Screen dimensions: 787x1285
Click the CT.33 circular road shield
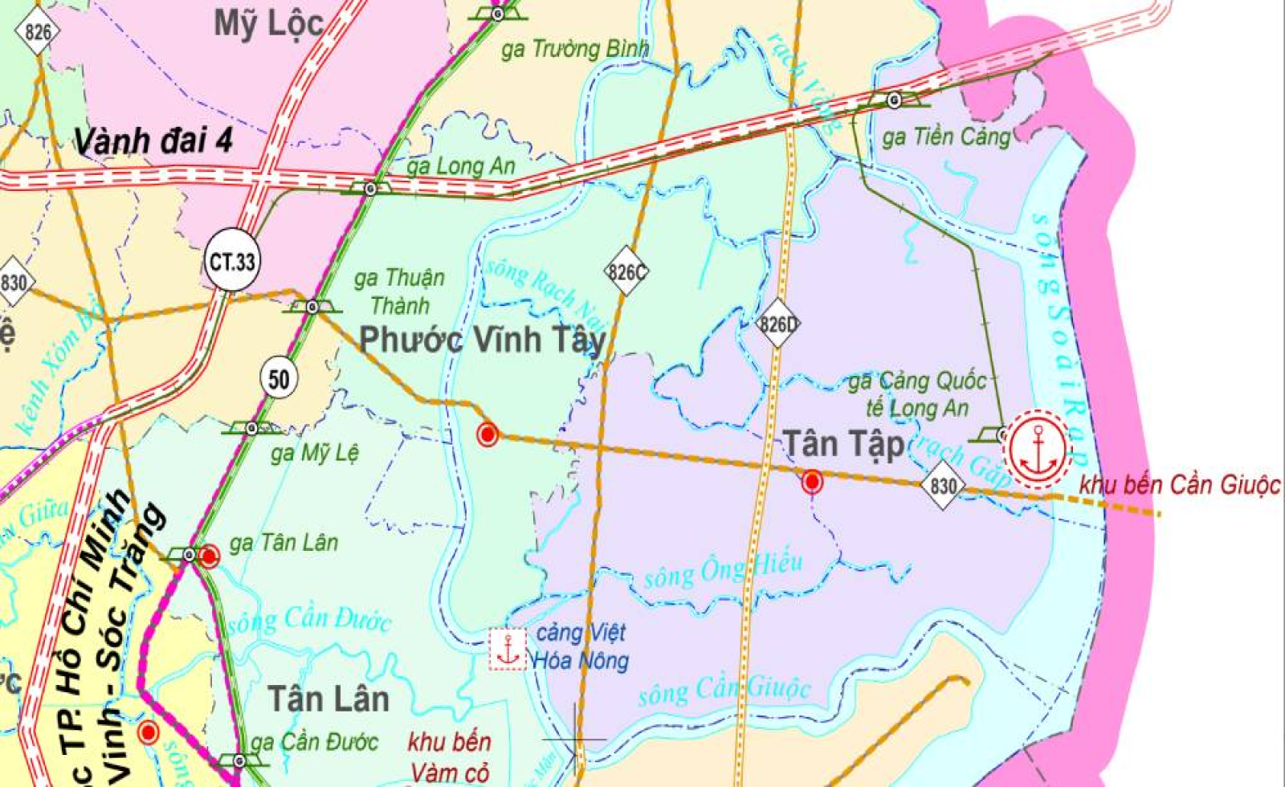[232, 261]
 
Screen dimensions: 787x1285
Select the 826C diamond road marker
[626, 272]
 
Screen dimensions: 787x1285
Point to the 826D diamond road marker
[777, 324]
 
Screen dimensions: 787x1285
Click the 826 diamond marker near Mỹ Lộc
[37, 32]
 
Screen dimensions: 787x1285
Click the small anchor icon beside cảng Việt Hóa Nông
[508, 649]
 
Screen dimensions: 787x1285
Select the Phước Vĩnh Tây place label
[482, 340]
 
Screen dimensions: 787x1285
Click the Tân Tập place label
[843, 444]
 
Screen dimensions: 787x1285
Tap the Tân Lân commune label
[328, 699]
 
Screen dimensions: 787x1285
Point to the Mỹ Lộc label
[269, 24]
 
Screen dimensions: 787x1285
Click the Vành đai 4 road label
[153, 141]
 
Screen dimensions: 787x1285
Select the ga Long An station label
[460, 167]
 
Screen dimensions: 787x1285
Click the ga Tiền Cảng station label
[946, 137]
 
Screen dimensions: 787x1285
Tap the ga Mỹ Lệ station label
[314, 454]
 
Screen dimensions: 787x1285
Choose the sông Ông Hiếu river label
[723, 569]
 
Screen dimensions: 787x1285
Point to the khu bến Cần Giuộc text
[1179, 485]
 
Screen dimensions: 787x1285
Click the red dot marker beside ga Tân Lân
[209, 556]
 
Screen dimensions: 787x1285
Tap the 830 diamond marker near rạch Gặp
[943, 486]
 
